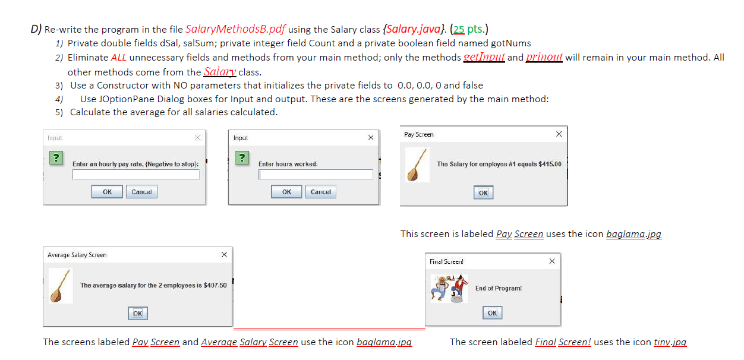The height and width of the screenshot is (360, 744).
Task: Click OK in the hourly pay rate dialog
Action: pos(107,192)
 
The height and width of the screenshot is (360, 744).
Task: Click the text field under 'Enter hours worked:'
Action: pos(316,175)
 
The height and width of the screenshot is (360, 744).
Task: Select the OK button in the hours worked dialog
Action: pos(286,192)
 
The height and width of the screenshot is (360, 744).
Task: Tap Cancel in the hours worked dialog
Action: pos(321,192)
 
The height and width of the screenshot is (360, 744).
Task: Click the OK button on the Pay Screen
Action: pos(483,192)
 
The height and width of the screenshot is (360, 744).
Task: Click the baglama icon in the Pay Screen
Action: pos(418,165)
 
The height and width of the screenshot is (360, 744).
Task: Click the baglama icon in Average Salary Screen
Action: pos(61,286)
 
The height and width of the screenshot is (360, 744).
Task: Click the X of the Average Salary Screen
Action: pos(223,255)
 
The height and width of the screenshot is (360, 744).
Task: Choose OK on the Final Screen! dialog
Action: pos(492,313)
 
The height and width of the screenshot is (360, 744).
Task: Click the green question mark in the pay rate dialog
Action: pos(56,158)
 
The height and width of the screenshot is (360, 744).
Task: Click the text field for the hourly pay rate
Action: pos(136,175)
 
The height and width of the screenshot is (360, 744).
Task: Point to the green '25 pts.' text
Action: pos(469,29)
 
